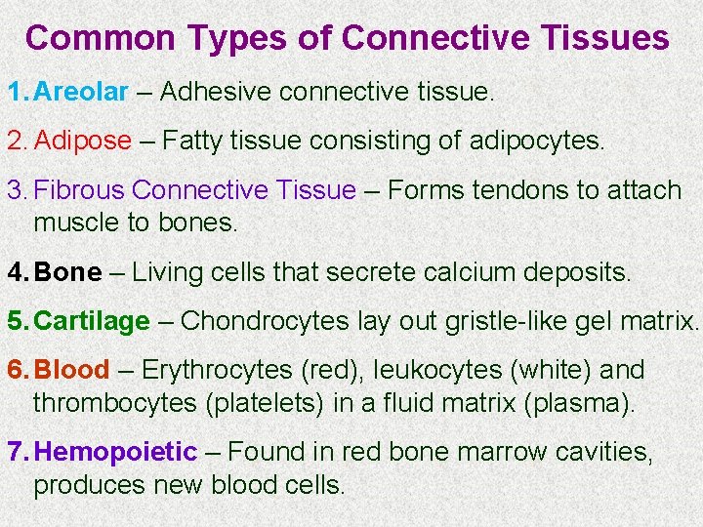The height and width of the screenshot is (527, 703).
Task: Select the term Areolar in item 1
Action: coord(81,92)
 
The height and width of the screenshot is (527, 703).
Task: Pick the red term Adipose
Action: coord(83,141)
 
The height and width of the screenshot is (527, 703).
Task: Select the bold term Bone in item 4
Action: coord(67,272)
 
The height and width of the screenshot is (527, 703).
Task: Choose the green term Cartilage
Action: coord(92,321)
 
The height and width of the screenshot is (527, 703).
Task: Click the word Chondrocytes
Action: coord(266,321)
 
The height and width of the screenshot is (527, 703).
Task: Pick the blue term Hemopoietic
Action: coord(115,452)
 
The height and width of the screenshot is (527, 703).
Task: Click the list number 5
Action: coord(15,321)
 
